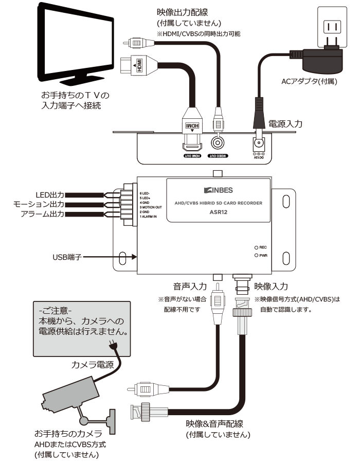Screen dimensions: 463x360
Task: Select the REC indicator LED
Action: click(255, 247)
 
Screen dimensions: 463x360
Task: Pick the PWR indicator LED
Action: click(255, 255)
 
